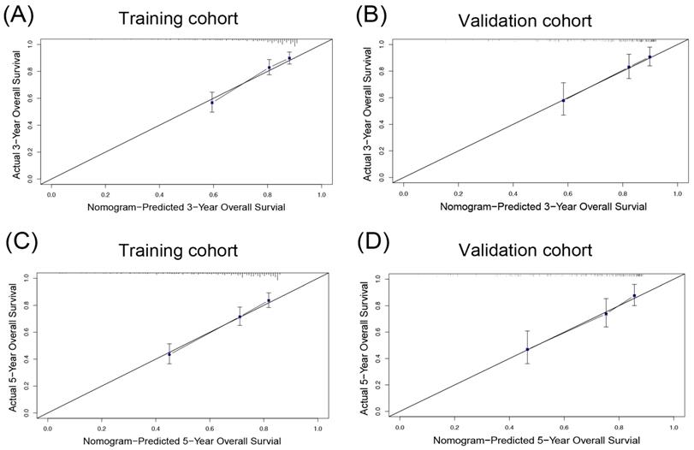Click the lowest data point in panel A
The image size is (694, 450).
(x=213, y=103)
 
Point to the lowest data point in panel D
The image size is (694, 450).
(x=527, y=349)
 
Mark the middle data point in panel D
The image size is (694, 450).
(x=606, y=313)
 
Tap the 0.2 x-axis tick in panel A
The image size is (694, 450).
(x=105, y=195)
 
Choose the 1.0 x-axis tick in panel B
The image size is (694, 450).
(x=677, y=195)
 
